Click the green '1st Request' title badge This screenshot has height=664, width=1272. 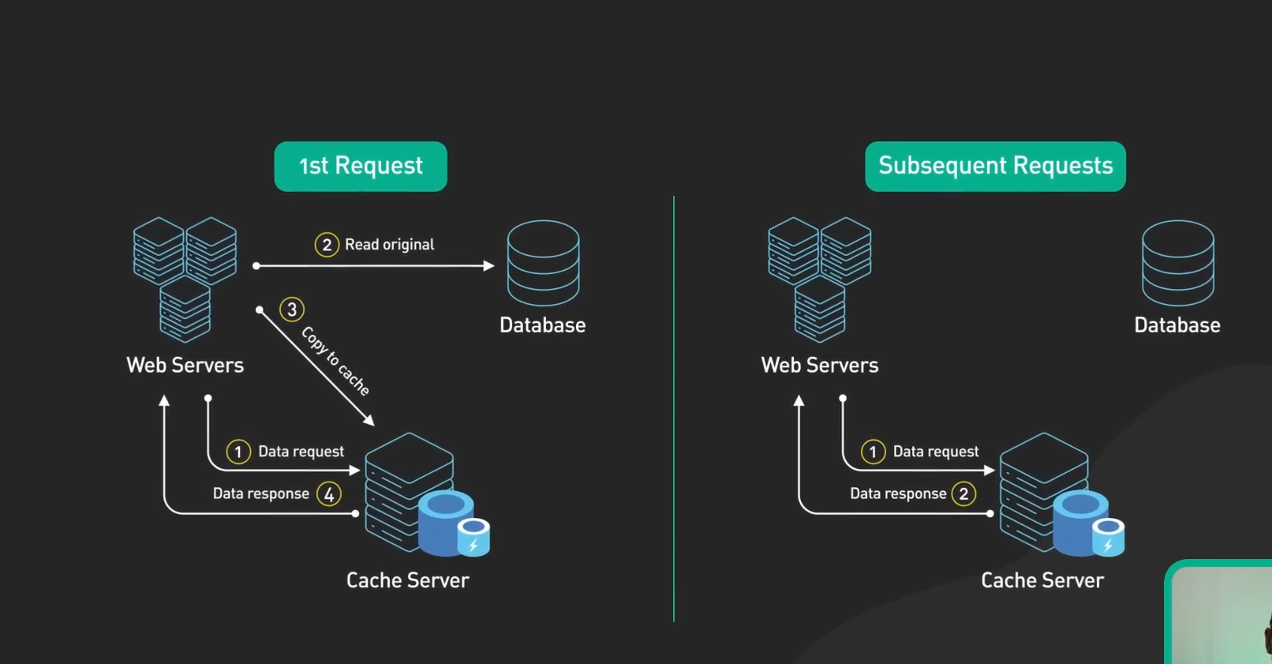point(361,167)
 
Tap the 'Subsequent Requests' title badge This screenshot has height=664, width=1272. point(995,167)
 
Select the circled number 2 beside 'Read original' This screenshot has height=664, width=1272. point(327,245)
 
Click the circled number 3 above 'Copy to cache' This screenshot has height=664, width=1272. point(292,309)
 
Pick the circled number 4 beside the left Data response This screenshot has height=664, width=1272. point(329,494)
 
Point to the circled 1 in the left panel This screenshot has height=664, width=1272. point(238,452)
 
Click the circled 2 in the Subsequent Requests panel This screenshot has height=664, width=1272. point(963,494)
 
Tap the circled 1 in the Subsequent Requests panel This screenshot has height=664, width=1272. point(873,452)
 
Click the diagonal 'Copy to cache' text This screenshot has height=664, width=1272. point(335,361)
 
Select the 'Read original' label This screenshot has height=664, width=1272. point(389,245)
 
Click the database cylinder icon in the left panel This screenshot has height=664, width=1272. point(543,263)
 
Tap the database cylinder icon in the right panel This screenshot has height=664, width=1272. point(1177,263)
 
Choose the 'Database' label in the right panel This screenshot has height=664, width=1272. point(1177,325)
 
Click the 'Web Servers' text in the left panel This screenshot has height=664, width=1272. point(185,366)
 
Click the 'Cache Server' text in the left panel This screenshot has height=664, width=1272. point(407,580)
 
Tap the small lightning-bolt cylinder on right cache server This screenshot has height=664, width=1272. point(1108,538)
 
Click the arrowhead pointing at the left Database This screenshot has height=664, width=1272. point(488,266)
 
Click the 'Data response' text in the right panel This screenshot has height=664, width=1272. point(898,494)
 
